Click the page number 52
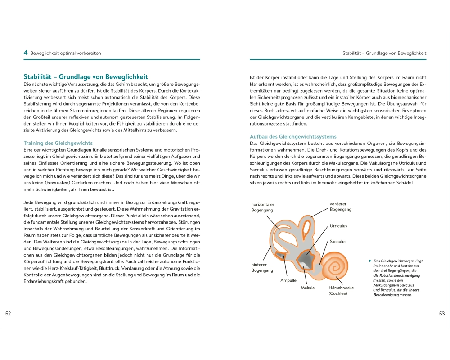[8, 313]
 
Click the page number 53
[441, 313]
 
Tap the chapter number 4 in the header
[26, 53]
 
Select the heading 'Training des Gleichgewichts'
[58, 143]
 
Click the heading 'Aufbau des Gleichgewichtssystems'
[293, 136]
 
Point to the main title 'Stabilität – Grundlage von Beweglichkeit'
[85, 77]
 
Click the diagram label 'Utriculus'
[338, 226]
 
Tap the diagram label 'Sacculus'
[338, 242]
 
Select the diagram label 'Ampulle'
[288, 280]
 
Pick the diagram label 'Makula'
[307, 288]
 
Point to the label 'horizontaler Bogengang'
[263, 207]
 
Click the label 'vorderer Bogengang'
[341, 207]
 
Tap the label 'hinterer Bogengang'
[262, 267]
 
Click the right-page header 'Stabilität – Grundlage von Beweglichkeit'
[384, 53]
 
